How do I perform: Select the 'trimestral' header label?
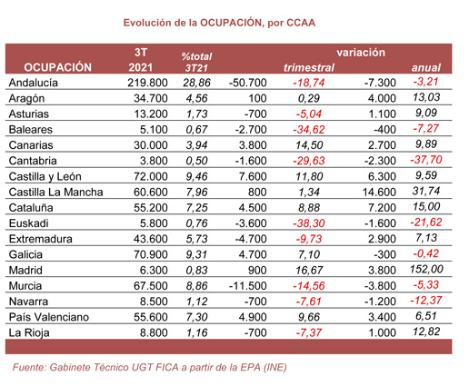pyautogui.click(x=309, y=68)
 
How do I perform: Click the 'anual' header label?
pyautogui.click(x=427, y=68)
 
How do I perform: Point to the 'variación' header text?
pyautogui.click(x=361, y=53)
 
